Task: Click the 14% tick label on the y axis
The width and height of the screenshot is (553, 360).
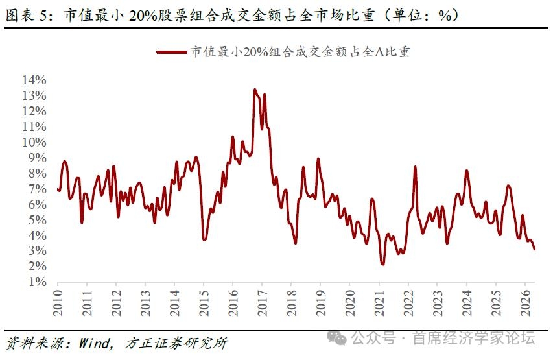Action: [34, 80]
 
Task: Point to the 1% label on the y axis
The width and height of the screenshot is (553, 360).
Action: [38, 282]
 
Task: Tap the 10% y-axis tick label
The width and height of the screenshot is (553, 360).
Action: [34, 142]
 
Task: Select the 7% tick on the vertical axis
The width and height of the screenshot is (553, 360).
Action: [38, 189]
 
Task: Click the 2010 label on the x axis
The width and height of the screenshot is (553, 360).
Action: [58, 303]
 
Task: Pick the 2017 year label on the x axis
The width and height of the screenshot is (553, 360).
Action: [262, 303]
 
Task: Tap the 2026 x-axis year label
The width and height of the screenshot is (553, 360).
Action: [525, 303]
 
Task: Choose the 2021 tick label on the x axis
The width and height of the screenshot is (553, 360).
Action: [379, 303]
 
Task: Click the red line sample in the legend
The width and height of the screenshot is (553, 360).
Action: [172, 53]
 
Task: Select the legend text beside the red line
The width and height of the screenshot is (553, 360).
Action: [300, 52]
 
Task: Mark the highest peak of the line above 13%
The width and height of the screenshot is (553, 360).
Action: [255, 90]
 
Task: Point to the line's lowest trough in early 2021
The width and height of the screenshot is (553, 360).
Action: [383, 263]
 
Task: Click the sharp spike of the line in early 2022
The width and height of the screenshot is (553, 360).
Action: [415, 167]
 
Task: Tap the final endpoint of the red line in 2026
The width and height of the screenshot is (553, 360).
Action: [534, 249]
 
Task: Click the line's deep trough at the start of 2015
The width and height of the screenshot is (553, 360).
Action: [204, 239]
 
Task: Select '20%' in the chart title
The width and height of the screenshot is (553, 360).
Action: [143, 15]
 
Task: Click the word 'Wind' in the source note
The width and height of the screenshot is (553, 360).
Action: [95, 342]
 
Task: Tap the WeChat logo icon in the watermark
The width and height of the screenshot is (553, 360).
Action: [336, 338]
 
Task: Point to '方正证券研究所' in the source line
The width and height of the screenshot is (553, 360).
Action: [176, 342]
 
